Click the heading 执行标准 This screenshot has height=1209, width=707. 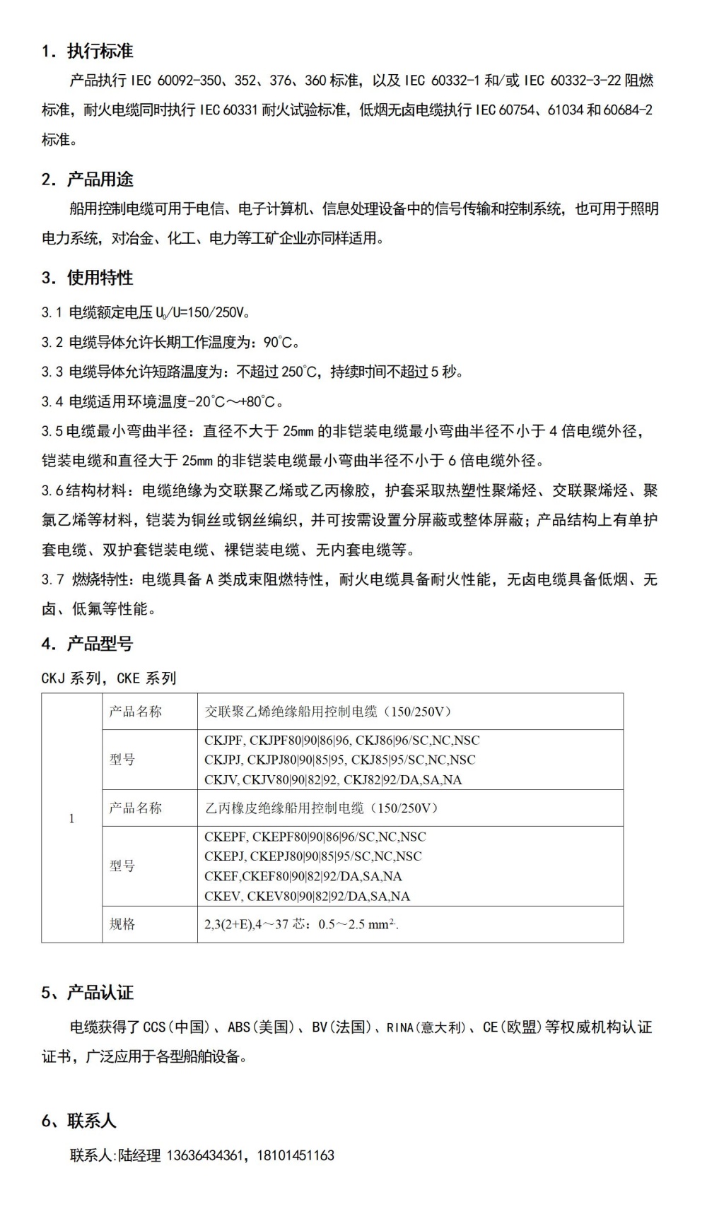coord(100,51)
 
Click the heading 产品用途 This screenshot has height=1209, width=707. coord(100,179)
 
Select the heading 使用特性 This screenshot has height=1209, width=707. coord(100,278)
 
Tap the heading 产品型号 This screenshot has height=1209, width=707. coord(100,644)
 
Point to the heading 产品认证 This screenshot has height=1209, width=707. coord(100,993)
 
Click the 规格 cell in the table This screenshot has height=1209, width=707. coord(122,924)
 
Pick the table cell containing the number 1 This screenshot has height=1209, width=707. coord(71,818)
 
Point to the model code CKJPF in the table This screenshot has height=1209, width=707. coord(223,741)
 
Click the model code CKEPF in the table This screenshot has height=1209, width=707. coord(226,837)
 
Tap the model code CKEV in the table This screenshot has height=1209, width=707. coord(223,896)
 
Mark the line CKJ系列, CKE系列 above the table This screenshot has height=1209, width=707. coord(109,678)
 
